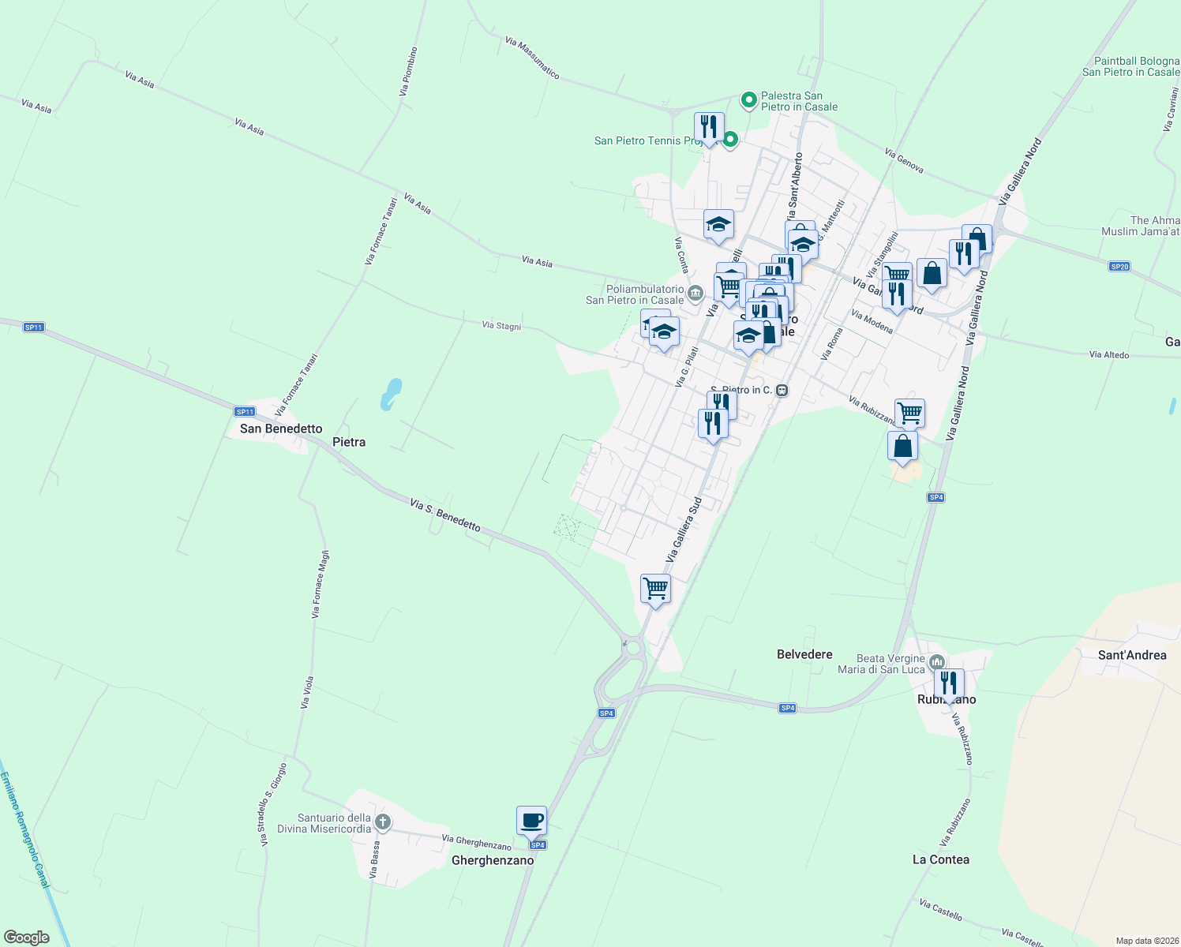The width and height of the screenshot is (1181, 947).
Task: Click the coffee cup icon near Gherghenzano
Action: pos(531,821)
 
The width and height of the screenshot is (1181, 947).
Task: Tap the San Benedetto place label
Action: pos(281,429)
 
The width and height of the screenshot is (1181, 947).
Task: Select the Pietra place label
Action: pos(349,442)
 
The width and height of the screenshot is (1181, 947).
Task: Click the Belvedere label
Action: pos(804,654)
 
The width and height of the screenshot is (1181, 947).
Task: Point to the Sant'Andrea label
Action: pos(1132,655)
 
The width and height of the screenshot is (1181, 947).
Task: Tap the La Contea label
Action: pos(940,859)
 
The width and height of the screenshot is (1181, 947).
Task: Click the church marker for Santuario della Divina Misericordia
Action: pos(382,823)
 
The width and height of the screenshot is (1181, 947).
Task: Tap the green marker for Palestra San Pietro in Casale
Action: pos(748,100)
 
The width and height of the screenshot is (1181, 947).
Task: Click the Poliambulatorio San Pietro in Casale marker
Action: pos(695,294)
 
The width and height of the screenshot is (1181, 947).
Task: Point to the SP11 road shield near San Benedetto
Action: pos(245,411)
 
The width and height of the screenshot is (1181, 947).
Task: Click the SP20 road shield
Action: pos(1119,267)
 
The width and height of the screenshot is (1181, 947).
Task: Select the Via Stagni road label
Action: pos(501,325)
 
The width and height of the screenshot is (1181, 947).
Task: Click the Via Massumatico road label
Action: pos(532,58)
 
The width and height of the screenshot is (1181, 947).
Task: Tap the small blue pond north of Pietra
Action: pos(390,394)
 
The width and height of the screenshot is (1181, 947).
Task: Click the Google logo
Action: pos(27,938)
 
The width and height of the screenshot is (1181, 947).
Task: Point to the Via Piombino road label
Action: pos(408,72)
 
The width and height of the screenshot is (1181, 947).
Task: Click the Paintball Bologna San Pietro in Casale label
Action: pos(1130,66)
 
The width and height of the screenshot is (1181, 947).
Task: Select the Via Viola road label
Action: pos(308,692)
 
